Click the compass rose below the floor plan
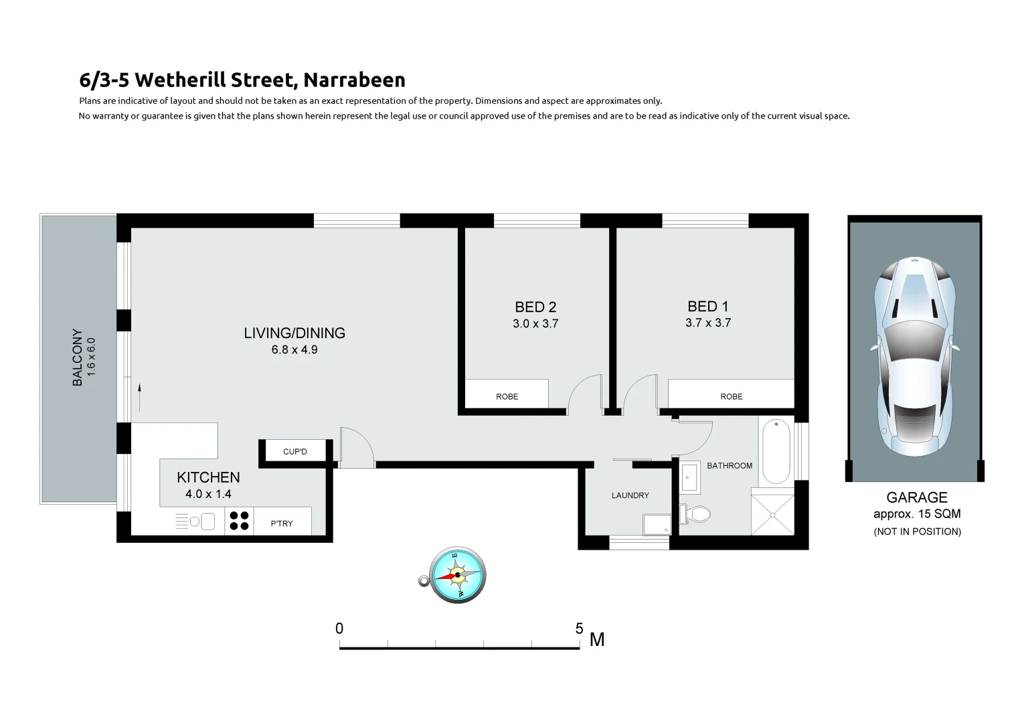tap(458, 575)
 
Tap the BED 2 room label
tap(535, 307)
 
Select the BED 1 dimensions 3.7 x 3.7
tap(708, 323)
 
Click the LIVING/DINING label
tap(294, 333)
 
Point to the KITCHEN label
tap(208, 477)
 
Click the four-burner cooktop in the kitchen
tap(239, 521)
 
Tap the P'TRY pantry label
tap(282, 524)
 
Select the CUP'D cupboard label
tap(295, 452)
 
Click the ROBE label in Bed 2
tap(507, 396)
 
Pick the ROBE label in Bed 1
tap(732, 396)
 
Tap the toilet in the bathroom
tap(696, 514)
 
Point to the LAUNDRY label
tap(630, 495)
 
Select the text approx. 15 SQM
tap(917, 514)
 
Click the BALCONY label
tap(78, 357)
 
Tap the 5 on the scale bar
tap(580, 629)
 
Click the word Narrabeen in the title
tap(354, 80)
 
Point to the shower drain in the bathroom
tap(772, 515)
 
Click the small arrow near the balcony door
tap(140, 397)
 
